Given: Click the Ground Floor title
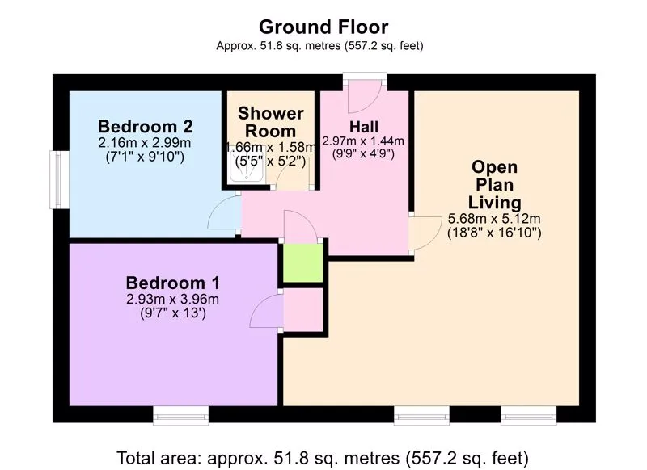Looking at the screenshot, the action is [x=323, y=27].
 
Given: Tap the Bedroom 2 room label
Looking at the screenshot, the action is [x=146, y=126].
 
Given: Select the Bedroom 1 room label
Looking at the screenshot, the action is [x=173, y=283].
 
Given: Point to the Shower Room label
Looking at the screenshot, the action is [x=271, y=122].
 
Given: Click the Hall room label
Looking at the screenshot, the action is [x=363, y=127].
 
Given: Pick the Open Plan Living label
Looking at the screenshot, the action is [x=494, y=185].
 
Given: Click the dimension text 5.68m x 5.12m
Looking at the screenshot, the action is [x=494, y=219].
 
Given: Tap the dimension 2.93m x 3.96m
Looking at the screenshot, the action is [x=173, y=299].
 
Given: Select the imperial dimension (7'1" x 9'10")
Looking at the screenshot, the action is [x=146, y=157].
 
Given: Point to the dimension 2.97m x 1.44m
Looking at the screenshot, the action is [x=363, y=141].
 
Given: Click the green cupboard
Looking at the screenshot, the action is [x=302, y=262].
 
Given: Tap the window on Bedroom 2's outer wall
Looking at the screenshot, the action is [x=59, y=179].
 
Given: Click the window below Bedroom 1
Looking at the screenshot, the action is [x=180, y=415].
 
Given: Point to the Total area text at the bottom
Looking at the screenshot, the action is [x=323, y=458].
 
